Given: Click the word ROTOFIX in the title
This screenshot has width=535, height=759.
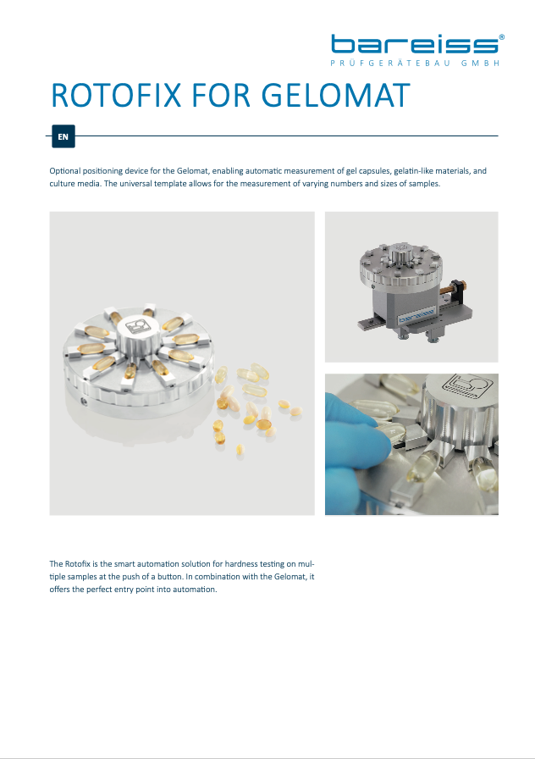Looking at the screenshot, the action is point(116,96).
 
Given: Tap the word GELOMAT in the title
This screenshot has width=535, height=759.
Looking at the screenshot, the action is point(336,96).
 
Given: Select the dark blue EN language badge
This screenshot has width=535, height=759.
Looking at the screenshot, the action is point(63,136).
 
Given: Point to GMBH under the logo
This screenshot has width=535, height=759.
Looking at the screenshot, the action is point(480,64).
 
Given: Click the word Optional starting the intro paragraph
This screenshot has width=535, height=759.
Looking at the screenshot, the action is point(65,171).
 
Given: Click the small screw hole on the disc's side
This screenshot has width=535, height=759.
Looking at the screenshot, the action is point(83,401).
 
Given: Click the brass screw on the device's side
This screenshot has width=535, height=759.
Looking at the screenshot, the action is point(449,290).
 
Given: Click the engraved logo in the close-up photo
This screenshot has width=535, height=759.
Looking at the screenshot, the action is point(466,385).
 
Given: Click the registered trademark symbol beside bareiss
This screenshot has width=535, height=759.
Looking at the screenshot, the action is point(502,36).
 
